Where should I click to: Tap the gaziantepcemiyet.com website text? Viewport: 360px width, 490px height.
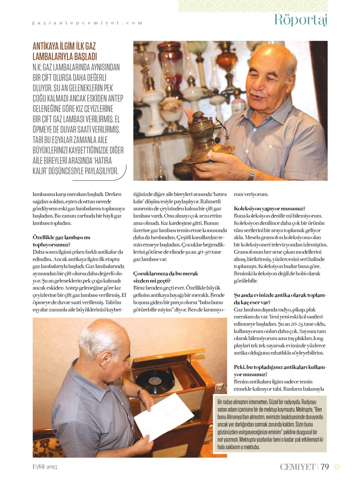click(87, 23)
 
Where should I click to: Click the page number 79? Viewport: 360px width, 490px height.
click(325, 467)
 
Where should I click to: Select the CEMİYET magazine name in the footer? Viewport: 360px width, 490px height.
click(297, 467)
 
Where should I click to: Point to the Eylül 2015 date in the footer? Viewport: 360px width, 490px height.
click(45, 467)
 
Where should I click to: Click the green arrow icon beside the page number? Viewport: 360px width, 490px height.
click(337, 466)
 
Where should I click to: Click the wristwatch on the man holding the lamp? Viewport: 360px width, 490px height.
click(251, 173)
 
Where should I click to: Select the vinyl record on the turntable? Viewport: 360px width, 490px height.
click(155, 382)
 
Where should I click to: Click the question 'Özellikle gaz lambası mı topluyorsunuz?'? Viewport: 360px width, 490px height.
click(61, 241)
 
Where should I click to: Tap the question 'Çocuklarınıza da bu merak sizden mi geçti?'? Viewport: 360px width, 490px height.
click(165, 277)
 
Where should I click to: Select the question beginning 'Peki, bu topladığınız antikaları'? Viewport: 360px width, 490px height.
click(280, 370)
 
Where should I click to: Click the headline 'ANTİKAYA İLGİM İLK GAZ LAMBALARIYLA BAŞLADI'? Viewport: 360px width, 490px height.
click(64, 51)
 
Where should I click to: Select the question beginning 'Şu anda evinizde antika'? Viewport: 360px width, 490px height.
click(280, 299)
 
